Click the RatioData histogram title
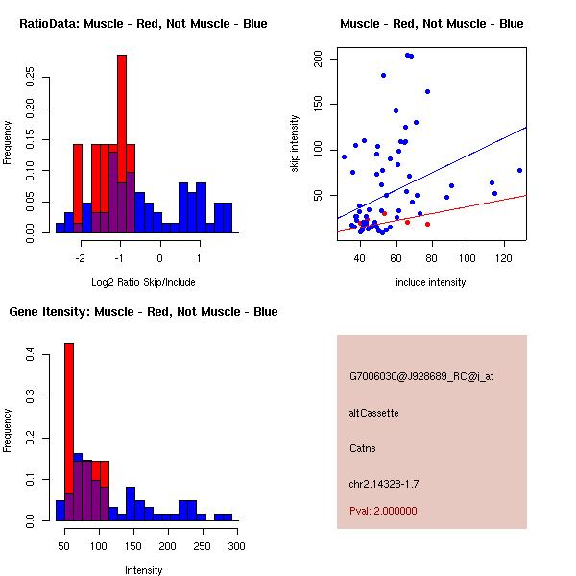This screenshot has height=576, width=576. pyautogui.click(x=143, y=23)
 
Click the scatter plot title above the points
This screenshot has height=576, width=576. pyautogui.click(x=431, y=23)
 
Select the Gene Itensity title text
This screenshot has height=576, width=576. pyautogui.click(x=143, y=312)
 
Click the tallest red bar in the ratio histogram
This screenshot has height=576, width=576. pyautogui.click(x=122, y=115)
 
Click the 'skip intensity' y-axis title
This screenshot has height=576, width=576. pyautogui.click(x=295, y=144)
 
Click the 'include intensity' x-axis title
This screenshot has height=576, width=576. pyautogui.click(x=431, y=282)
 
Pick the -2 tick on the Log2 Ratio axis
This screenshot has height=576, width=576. pyautogui.click(x=82, y=258)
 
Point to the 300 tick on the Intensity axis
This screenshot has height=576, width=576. pyautogui.click(x=236, y=546)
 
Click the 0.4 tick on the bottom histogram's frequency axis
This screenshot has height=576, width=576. pyautogui.click(x=31, y=355)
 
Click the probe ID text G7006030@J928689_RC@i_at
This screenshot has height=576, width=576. pyautogui.click(x=421, y=377)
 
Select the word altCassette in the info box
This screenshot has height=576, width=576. pyautogui.click(x=373, y=413)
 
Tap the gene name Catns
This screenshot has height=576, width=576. pyautogui.click(x=363, y=448)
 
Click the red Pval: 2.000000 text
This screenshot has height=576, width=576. pyautogui.click(x=383, y=511)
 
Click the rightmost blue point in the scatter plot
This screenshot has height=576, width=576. pyautogui.click(x=519, y=170)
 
